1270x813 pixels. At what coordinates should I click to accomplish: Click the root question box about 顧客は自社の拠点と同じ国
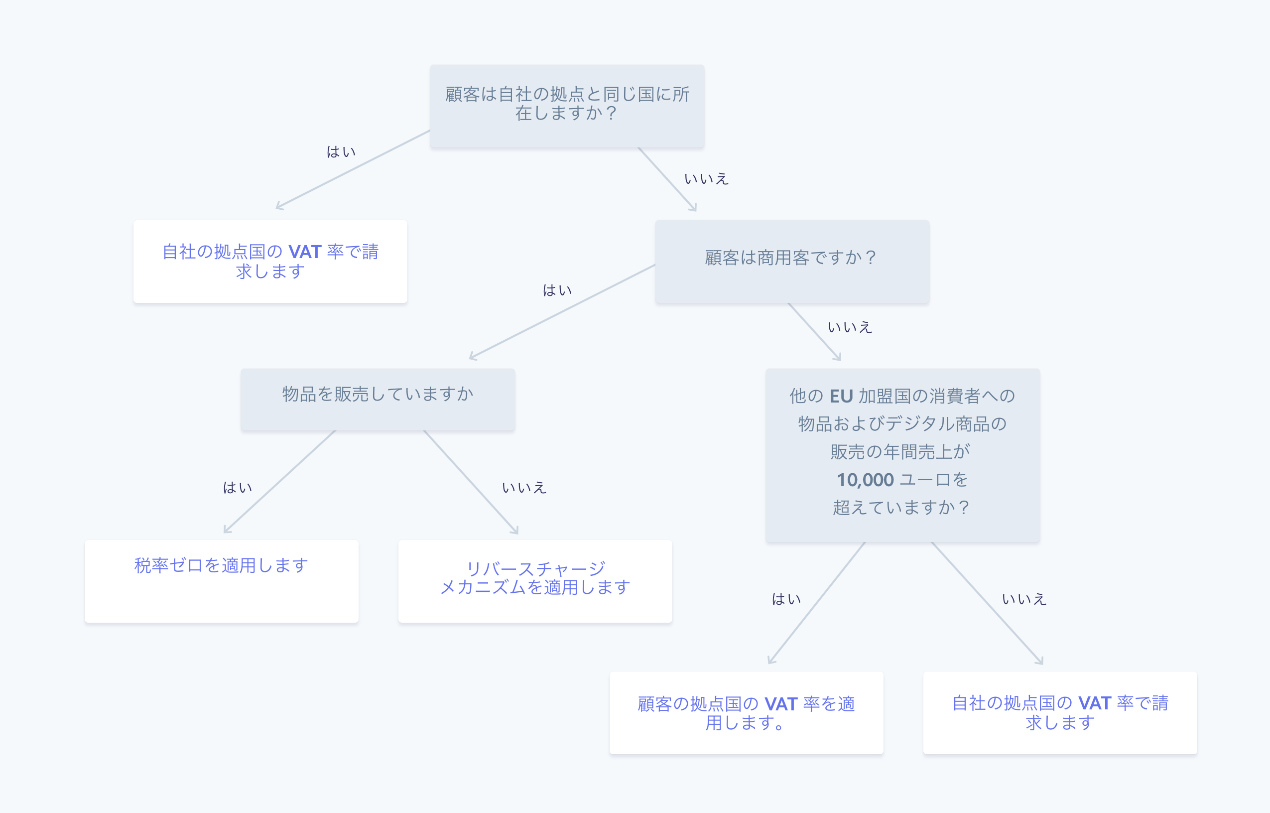point(567,106)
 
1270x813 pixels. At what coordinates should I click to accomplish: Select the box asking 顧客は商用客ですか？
point(791,261)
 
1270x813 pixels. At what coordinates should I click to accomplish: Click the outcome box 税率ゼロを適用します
point(221,580)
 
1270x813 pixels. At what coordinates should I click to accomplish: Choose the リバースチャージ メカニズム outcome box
point(534,580)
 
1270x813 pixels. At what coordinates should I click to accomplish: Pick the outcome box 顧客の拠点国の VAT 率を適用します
point(746,712)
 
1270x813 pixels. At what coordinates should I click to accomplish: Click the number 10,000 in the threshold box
point(865,480)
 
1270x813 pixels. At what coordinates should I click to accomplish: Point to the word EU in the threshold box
point(841,396)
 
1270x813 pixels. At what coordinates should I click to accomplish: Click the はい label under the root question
point(341,152)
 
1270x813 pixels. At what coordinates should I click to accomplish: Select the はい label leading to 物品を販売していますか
point(557,290)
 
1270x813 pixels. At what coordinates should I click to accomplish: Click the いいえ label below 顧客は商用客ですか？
point(850,327)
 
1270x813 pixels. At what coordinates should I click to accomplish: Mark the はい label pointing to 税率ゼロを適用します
point(238,487)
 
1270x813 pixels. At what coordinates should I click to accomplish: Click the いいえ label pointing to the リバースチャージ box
point(523,487)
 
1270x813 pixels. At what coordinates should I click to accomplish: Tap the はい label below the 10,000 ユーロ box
point(786,599)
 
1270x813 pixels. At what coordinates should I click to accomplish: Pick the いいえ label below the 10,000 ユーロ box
point(1023,599)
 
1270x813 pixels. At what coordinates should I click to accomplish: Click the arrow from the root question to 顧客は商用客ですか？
point(667,179)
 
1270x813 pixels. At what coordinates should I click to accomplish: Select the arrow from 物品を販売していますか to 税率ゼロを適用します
point(279,481)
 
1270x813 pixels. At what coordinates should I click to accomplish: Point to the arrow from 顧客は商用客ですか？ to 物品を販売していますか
point(562,311)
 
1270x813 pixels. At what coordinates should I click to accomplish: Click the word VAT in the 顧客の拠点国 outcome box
point(780,704)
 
